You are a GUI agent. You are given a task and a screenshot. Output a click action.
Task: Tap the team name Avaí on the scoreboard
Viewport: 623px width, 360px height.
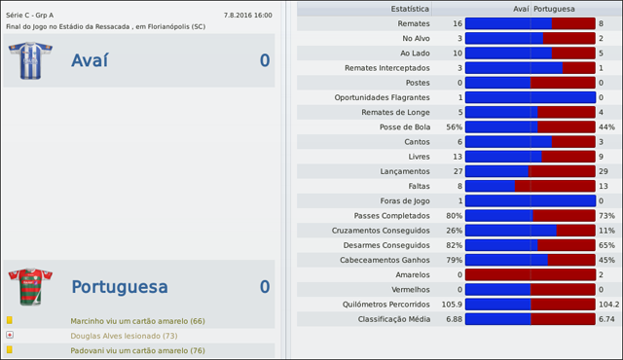pyautogui.click(x=90, y=61)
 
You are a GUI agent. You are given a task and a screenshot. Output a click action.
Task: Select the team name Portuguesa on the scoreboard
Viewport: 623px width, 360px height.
pyautogui.click(x=120, y=287)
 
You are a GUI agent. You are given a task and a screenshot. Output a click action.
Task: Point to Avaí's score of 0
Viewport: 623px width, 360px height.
pyautogui.click(x=264, y=61)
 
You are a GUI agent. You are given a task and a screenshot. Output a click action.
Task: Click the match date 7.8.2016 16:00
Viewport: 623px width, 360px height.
pyautogui.click(x=247, y=16)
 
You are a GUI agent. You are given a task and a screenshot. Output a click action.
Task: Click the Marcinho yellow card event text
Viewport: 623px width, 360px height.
pyautogui.click(x=137, y=320)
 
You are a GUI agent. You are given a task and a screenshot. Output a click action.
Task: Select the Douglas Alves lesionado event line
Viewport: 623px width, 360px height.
pyautogui.click(x=124, y=335)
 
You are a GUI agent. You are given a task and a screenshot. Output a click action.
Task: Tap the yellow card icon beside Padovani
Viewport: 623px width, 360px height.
pyautogui.click(x=10, y=349)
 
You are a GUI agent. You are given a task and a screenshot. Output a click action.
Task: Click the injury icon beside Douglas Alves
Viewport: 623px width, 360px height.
pyautogui.click(x=10, y=335)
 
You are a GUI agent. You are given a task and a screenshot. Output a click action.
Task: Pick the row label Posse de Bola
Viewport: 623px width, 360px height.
pyautogui.click(x=404, y=126)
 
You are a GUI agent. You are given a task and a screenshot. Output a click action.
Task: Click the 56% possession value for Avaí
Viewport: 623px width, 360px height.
pyautogui.click(x=454, y=126)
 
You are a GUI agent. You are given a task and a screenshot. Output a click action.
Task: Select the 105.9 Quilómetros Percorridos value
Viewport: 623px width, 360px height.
pyautogui.click(x=451, y=304)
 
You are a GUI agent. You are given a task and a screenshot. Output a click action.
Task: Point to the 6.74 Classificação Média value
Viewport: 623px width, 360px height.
pyautogui.click(x=606, y=318)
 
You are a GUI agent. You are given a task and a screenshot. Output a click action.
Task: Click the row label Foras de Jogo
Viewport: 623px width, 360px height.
pyautogui.click(x=402, y=200)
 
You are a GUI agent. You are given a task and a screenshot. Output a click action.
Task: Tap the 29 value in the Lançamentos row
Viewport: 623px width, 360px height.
pyautogui.click(x=604, y=171)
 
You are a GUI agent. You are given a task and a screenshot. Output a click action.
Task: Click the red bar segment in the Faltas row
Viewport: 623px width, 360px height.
pyautogui.click(x=555, y=186)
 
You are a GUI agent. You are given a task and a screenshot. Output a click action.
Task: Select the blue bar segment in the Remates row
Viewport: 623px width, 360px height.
pyautogui.click(x=508, y=22)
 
